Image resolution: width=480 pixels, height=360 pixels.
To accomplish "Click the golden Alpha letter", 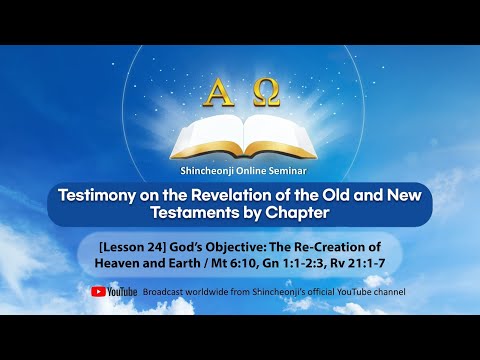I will click(x=215, y=96).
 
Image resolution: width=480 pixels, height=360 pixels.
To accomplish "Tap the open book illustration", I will click(x=240, y=135).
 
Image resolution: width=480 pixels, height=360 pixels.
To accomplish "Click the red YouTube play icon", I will click(x=98, y=292).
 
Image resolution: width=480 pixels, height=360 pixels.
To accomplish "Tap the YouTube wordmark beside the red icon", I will click(x=122, y=292).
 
